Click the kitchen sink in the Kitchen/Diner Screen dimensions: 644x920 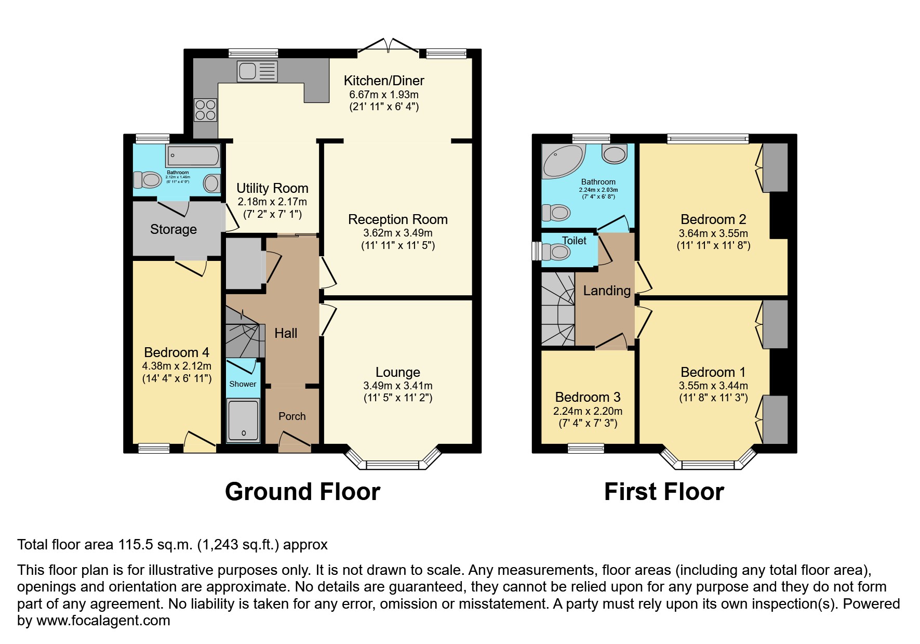[x=257, y=71]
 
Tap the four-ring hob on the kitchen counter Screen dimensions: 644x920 [x=205, y=110]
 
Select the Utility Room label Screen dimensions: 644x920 [x=272, y=188]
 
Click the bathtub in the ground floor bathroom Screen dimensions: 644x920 [x=193, y=155]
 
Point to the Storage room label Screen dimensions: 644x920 [x=174, y=229]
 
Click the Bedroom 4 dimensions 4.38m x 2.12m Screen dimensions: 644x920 [x=177, y=366]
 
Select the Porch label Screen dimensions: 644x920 [x=292, y=416]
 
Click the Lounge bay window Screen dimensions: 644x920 [x=393, y=464]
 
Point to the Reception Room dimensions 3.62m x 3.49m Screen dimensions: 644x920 [x=397, y=233]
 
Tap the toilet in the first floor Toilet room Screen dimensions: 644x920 [x=556, y=253]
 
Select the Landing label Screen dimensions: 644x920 [x=606, y=291]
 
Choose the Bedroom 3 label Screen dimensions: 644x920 [x=588, y=397]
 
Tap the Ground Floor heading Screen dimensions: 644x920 [x=302, y=492]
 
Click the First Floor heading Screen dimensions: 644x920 [x=663, y=492]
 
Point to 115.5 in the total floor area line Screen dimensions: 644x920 [x=135, y=545]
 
